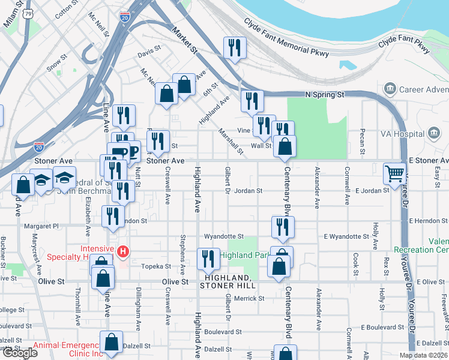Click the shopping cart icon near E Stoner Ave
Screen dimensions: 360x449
tap(395, 174)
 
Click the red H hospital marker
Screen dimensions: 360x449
tap(124, 250)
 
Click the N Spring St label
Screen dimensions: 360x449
tap(324, 95)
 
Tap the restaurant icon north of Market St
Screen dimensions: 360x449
tap(234, 48)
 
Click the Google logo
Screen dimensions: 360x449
tap(20, 352)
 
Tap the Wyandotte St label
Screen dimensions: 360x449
tap(224, 236)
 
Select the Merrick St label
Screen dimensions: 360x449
tap(249, 298)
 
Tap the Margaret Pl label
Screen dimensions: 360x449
tap(41, 226)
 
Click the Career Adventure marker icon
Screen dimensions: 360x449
tap(390, 90)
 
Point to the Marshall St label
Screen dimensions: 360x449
tap(231, 142)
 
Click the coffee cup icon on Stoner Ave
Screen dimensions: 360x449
tap(118, 152)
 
